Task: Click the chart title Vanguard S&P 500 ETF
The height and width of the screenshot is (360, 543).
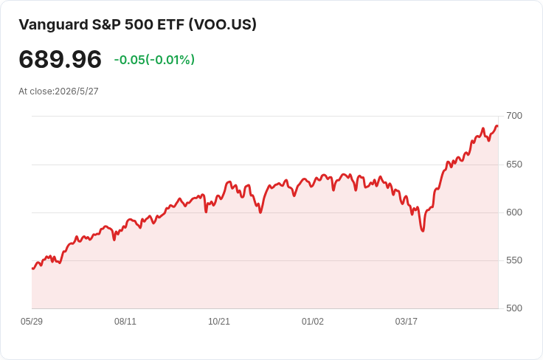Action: [x=102, y=24]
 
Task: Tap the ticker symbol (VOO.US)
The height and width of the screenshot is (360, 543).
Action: [x=223, y=24]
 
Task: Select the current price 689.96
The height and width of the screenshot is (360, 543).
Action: [x=60, y=60]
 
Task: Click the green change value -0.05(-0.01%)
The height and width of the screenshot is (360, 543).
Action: [x=154, y=60]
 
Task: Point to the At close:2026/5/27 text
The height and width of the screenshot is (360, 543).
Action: [x=58, y=91]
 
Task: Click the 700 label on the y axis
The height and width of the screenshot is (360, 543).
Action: [x=514, y=116]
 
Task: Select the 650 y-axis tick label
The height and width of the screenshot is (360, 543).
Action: [x=514, y=165]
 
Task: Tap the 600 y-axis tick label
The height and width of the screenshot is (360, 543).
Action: [x=514, y=212]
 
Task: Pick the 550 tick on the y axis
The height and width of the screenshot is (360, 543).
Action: [x=514, y=260]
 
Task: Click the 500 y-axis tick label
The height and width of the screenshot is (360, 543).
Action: [x=514, y=308]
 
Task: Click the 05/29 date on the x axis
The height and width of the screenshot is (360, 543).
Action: [x=32, y=322]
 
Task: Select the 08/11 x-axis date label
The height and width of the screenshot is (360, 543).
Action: [x=125, y=322]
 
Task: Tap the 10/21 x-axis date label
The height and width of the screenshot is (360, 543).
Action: [x=219, y=322]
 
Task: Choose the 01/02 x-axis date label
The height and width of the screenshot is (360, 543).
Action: [x=312, y=322]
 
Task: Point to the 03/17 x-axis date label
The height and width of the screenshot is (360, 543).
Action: [x=407, y=322]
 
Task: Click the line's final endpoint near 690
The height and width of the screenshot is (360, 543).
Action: [x=497, y=126]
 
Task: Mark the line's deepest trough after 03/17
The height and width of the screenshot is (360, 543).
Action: [x=423, y=231]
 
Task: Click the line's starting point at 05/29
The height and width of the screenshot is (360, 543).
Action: [x=32, y=269]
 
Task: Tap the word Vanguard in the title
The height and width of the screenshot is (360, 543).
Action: [x=53, y=24]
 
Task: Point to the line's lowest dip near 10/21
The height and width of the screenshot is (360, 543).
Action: [x=206, y=212]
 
